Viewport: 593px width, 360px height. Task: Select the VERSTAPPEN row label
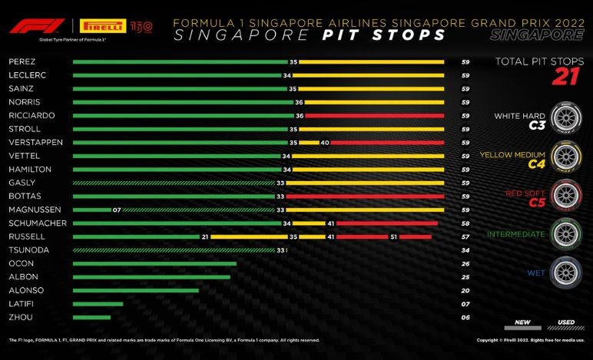point(30,142)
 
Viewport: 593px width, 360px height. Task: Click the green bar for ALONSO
point(135,290)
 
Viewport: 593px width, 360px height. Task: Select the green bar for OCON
point(154,263)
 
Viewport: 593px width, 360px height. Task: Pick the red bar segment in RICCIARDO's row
point(375,115)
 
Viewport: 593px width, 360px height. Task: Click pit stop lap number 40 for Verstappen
point(325,142)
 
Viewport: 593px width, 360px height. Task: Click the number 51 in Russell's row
point(393,236)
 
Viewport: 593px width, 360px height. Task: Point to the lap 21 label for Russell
point(205,236)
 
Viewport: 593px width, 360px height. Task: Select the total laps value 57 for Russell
point(465,236)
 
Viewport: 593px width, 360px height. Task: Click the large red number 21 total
point(566,78)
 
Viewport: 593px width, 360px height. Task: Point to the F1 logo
point(27,26)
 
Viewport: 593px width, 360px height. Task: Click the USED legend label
point(565,323)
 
